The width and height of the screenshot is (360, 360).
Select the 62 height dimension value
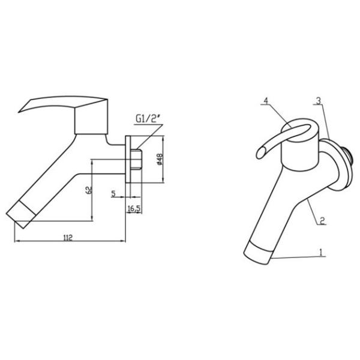[88, 190]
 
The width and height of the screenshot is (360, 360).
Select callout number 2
[322, 220]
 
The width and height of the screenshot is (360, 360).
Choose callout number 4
[264, 101]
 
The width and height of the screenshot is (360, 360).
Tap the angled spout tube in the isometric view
[282, 204]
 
